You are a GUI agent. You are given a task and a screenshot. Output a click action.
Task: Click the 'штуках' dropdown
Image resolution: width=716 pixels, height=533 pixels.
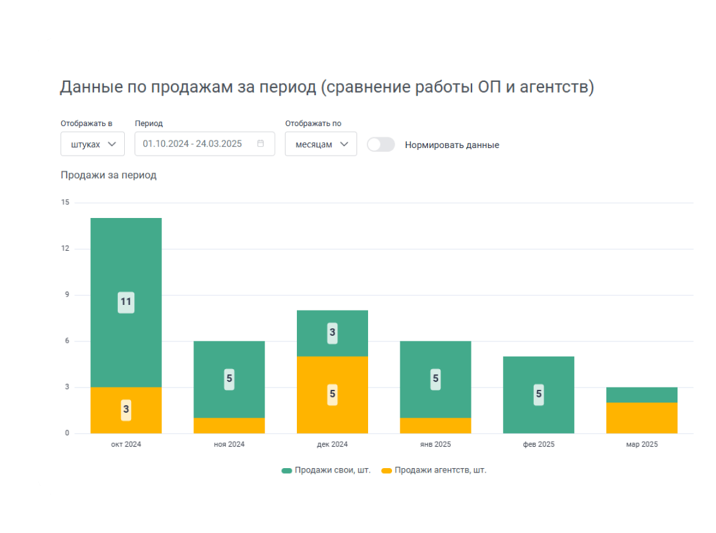point(92,144)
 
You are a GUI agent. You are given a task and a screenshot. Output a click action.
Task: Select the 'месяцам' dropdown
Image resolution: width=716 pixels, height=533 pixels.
point(320,144)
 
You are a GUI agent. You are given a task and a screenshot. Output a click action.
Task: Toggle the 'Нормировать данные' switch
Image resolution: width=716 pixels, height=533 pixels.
point(381,145)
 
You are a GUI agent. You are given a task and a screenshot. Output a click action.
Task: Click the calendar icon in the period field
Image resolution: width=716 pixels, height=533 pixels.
point(260,144)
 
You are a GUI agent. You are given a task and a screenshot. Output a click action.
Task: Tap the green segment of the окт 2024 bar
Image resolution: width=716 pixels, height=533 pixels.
point(126,265)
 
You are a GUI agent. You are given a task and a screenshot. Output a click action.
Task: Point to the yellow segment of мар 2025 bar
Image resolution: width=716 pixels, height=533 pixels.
point(642,418)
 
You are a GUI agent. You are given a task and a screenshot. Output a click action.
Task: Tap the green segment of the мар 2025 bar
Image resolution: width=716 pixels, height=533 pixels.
point(642,395)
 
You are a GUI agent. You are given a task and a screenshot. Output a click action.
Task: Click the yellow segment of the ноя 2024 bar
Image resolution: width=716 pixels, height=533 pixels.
point(229,426)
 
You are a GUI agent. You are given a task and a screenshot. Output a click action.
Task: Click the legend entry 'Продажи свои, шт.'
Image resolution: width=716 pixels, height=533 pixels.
point(325,470)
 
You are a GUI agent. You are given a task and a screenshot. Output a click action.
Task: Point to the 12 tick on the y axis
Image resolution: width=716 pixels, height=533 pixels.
point(65,249)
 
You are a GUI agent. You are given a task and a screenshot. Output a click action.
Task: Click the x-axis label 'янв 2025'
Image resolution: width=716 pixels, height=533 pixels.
point(435,444)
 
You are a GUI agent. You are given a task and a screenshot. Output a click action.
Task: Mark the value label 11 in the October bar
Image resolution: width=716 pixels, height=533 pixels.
point(126,302)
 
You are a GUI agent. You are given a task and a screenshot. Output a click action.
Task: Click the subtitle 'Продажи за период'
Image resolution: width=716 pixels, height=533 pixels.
point(108,175)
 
